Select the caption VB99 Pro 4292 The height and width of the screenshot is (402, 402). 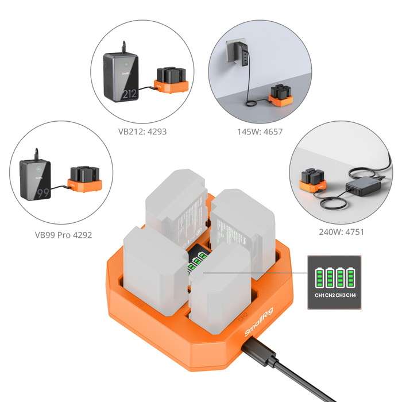[x=63, y=234]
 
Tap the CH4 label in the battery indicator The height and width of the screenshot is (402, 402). [x=350, y=295]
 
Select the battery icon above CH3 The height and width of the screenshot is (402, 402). [x=340, y=278]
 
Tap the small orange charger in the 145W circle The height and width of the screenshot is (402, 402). [x=281, y=96]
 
